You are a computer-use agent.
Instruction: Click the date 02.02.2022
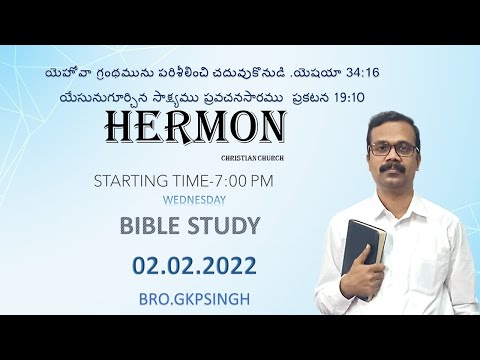point(193,265)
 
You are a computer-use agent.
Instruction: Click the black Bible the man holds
point(359,251)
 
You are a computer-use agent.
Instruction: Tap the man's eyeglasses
point(393,149)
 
